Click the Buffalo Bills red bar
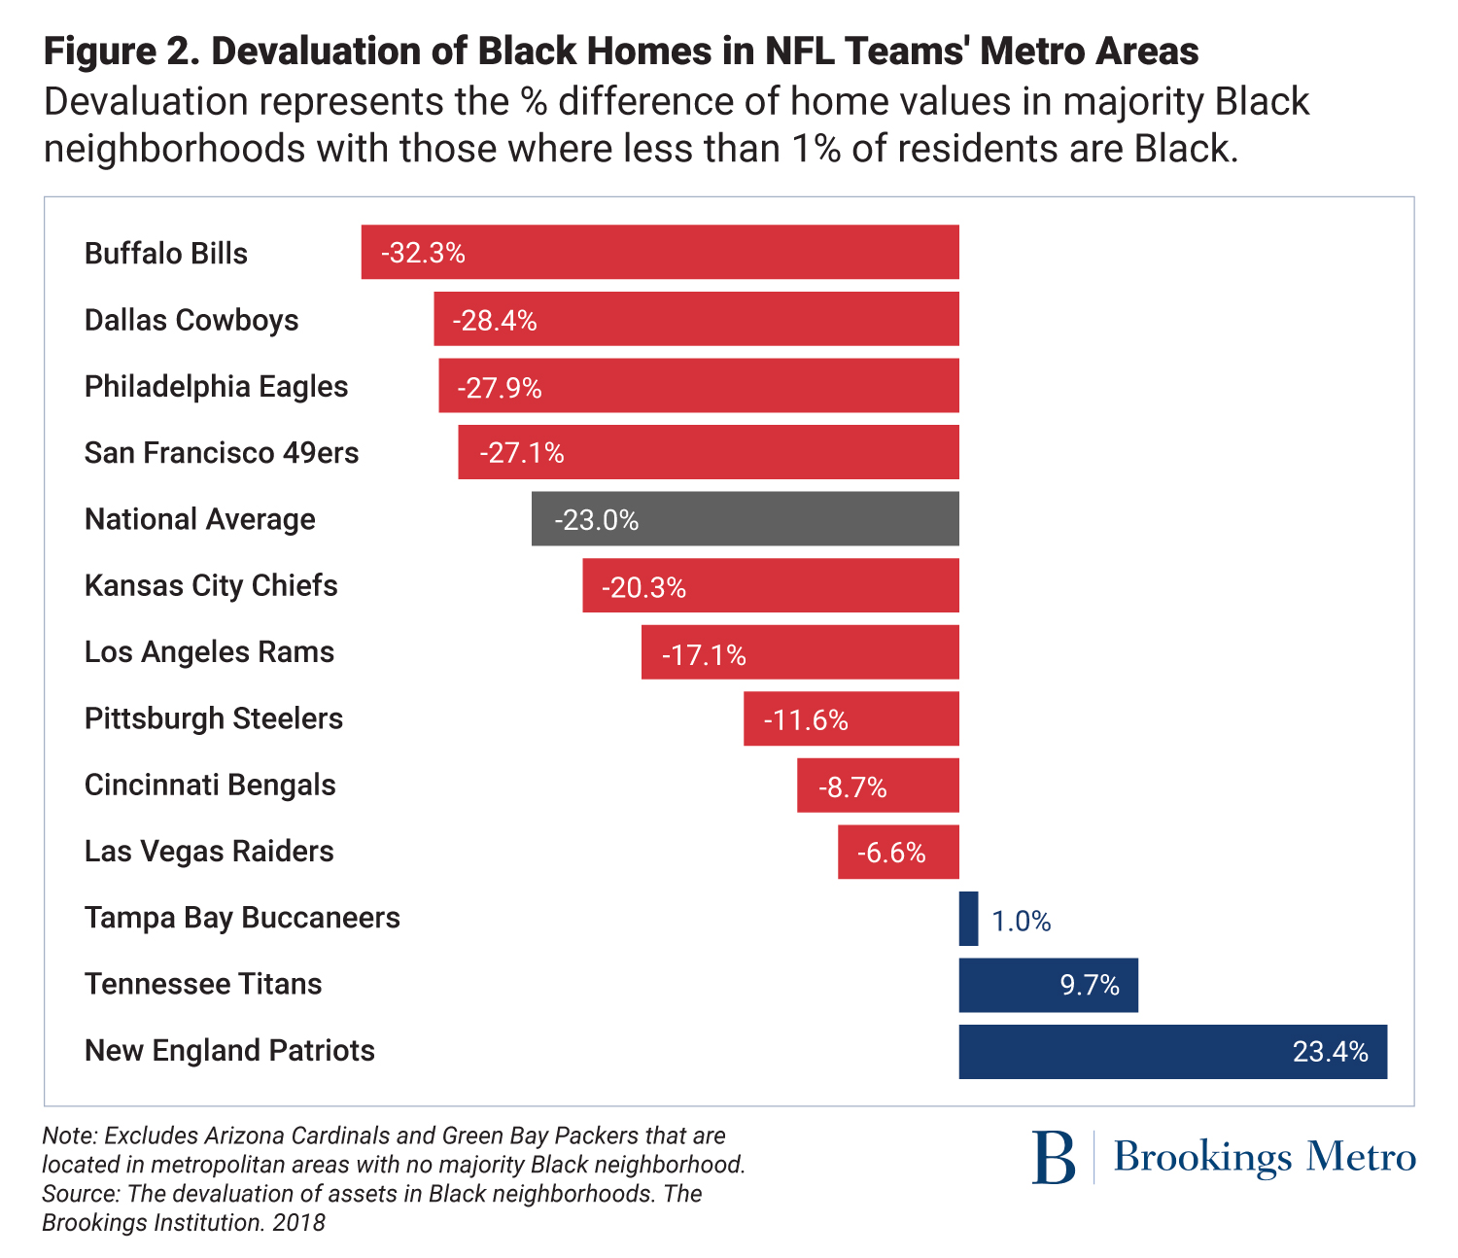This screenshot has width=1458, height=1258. [660, 253]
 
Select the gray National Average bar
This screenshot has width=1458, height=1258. [745, 519]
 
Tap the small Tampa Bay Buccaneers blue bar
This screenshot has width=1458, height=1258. [968, 919]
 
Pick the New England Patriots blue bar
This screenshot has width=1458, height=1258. [1172, 1051]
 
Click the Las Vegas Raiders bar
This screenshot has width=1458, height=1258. [898, 852]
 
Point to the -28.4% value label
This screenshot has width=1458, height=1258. [495, 320]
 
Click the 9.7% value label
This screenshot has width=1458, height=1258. [1090, 986]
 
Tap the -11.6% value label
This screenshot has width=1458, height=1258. [806, 720]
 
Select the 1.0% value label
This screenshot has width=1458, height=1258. [1022, 921]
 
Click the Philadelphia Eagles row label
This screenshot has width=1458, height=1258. [216, 387]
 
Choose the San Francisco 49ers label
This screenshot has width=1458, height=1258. [222, 453]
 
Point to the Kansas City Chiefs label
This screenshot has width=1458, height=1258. [211, 585]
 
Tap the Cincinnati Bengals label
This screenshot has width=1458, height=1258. [210, 785]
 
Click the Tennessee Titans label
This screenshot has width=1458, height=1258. [203, 984]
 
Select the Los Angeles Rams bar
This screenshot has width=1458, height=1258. [800, 652]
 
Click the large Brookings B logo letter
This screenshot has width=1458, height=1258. [1054, 1157]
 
